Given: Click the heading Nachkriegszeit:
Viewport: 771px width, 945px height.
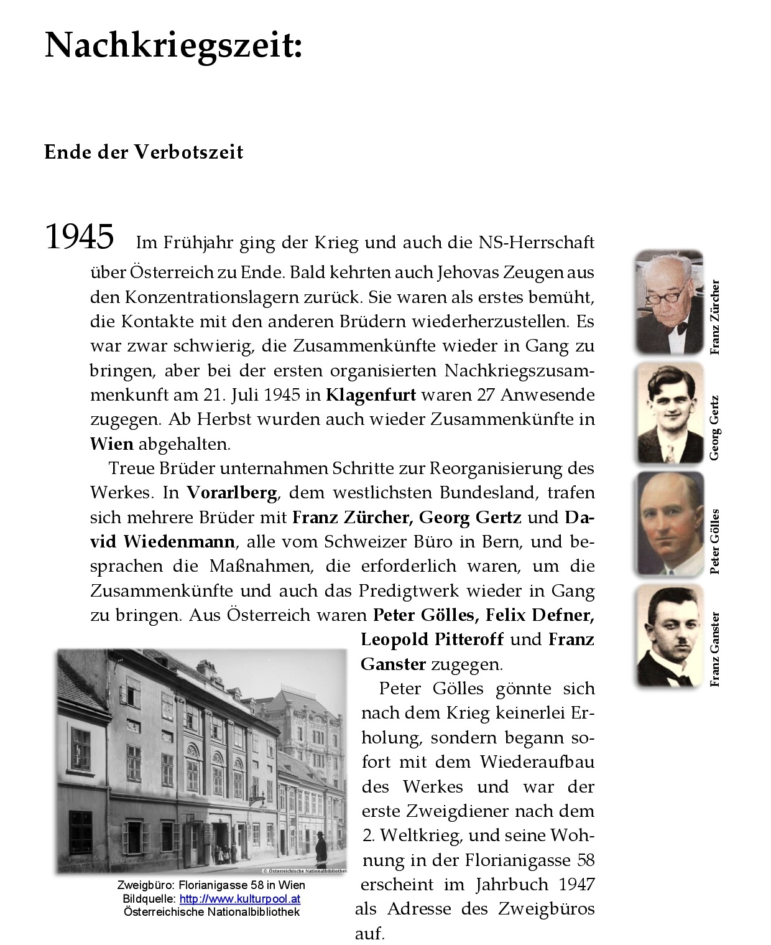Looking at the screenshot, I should tap(173, 45).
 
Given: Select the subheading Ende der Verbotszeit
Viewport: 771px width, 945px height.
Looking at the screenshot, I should tap(144, 152).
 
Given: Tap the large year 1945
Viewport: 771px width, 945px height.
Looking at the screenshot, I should tap(80, 237).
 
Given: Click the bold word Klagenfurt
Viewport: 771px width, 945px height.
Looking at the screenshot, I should tap(371, 395).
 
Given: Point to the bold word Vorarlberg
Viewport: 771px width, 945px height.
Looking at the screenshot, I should tap(232, 493).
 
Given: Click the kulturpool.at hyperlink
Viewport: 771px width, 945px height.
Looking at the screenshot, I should tap(240, 899).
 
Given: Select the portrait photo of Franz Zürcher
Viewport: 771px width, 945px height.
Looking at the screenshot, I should tap(668, 302).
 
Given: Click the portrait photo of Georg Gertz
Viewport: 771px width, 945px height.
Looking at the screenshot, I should tap(670, 414).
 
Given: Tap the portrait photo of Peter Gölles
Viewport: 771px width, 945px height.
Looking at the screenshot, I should tap(669, 524).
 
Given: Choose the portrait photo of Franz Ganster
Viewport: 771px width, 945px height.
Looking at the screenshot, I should tap(669, 636).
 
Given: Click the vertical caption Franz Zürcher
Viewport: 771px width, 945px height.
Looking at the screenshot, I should tap(715, 317).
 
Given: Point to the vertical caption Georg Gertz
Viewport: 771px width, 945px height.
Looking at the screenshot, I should tap(715, 427).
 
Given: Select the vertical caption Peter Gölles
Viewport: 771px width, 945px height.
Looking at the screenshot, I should tap(715, 541).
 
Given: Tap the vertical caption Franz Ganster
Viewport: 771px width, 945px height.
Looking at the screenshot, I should tap(715, 649).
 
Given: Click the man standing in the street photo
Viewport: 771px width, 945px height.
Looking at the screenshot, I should tap(320, 854).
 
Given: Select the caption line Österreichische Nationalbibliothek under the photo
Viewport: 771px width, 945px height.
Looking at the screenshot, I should tap(211, 912).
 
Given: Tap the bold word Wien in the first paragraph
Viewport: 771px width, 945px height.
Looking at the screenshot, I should tap(112, 444).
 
